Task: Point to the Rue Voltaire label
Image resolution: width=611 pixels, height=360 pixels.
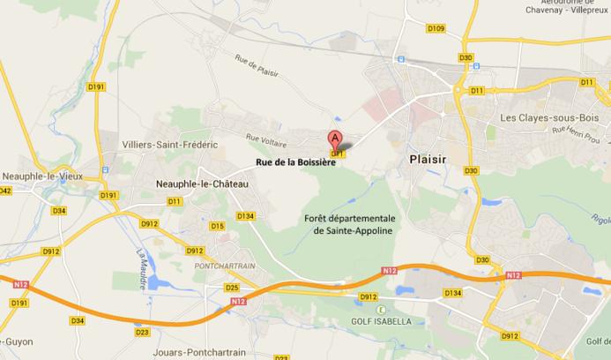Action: [x=265, y=139]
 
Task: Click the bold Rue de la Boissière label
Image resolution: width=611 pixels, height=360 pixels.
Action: [x=296, y=162]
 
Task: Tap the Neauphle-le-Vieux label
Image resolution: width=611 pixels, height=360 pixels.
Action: [x=42, y=176]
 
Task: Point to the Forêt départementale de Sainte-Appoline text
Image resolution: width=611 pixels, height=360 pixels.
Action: [x=349, y=224]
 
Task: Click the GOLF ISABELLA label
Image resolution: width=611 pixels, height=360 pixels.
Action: [x=381, y=321]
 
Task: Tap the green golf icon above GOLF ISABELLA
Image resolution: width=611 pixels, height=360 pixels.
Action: [x=381, y=309]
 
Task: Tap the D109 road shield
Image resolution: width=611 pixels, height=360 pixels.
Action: [x=436, y=29]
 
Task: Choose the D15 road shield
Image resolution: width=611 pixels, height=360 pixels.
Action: [x=217, y=226]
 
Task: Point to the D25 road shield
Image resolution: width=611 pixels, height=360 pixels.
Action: [x=232, y=288]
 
